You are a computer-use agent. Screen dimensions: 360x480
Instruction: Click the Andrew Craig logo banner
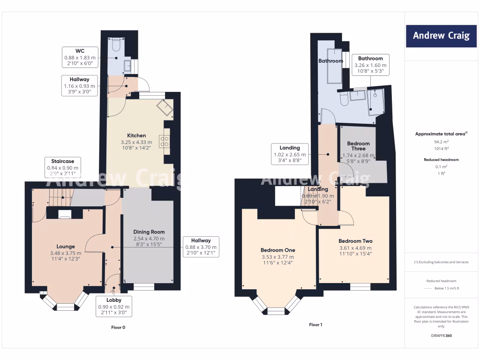pyautogui.click(x=441, y=36)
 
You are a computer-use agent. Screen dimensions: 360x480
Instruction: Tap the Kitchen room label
pyautogui.click(x=136, y=135)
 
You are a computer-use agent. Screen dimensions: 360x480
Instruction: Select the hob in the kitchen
pyautogui.click(x=165, y=141)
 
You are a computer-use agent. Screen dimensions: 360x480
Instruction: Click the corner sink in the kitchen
pyautogui.click(x=165, y=108)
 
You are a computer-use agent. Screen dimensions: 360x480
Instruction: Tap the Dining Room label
pyautogui.click(x=149, y=232)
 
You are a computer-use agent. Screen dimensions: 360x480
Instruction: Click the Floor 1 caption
pyautogui.click(x=315, y=324)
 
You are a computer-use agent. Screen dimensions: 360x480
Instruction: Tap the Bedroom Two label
pyautogui.click(x=355, y=241)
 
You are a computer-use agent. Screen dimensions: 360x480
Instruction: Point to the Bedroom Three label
pyautogui.click(x=359, y=146)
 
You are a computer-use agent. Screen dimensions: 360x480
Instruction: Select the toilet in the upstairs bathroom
pyautogui.click(x=343, y=99)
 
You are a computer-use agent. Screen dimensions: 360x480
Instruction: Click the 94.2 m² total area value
pyautogui.click(x=441, y=141)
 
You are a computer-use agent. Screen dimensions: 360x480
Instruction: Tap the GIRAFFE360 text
pyautogui.click(x=441, y=336)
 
